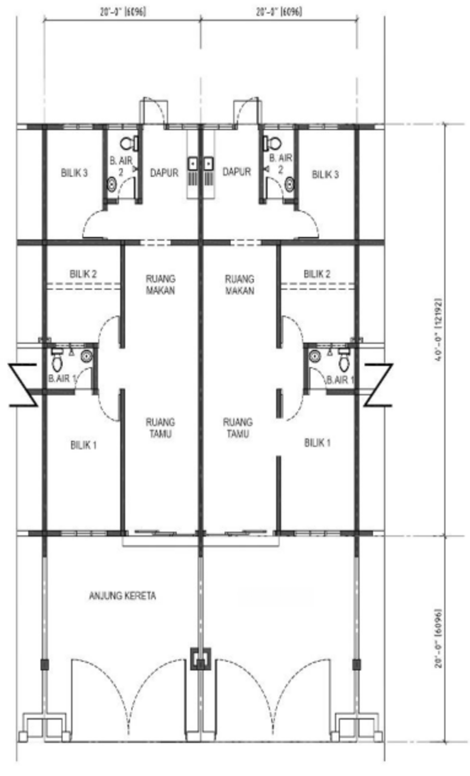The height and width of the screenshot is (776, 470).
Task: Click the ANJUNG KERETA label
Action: coord(122,595)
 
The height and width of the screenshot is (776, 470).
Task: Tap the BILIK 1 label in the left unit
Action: coord(83,445)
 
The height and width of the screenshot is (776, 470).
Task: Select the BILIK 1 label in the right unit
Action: coord(317,442)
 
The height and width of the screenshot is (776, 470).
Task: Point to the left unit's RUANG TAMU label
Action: coord(160,427)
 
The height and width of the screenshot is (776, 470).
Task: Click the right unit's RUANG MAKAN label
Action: coord(240,285)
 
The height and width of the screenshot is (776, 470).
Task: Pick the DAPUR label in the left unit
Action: coord(164,172)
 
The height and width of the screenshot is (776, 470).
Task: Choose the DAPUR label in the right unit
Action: coord(237,171)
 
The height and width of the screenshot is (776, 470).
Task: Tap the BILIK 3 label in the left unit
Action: coord(74,172)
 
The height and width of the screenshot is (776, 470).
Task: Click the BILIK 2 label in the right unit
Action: coord(317,274)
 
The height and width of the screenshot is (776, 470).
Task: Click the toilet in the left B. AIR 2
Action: coord(129,143)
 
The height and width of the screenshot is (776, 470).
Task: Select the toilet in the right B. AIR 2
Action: coord(272,142)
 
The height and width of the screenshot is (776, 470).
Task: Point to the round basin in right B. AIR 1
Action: coord(314,356)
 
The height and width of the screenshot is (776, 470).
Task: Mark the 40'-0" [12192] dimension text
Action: coord(438,330)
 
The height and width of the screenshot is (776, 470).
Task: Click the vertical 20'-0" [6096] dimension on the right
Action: coord(438,638)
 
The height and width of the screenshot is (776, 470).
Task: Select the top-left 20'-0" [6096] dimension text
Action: coord(123,12)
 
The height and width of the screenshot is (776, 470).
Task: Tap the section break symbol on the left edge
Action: coord(23,385)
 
